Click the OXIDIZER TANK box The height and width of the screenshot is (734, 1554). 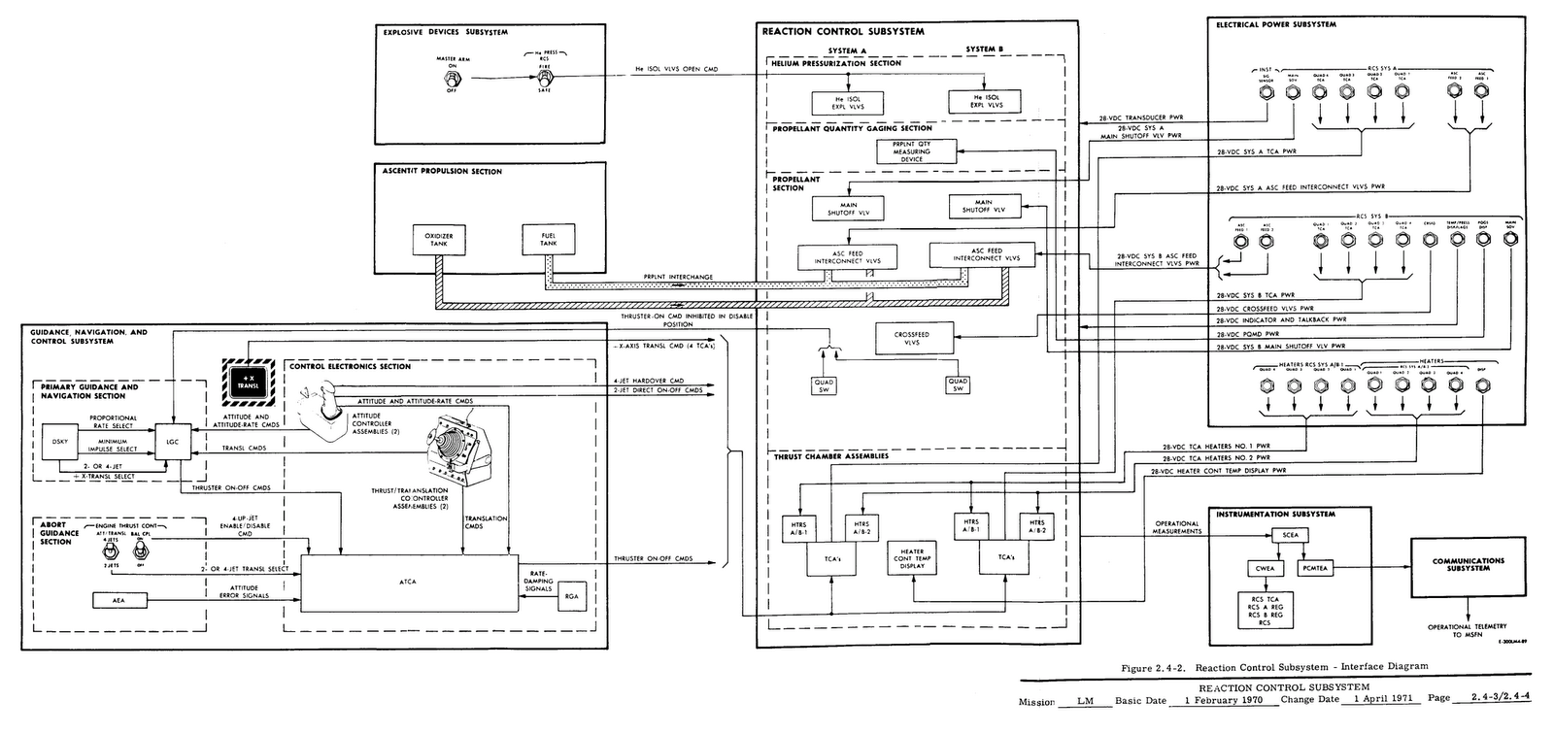439,240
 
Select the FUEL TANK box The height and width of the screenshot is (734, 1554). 549,240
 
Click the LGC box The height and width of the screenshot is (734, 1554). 171,441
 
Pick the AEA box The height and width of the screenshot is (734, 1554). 118,601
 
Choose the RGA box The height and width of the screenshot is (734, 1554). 570,600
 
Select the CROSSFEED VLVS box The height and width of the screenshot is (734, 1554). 911,338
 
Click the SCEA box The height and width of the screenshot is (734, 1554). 1290,535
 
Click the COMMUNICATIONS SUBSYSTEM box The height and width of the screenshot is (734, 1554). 1468,564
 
